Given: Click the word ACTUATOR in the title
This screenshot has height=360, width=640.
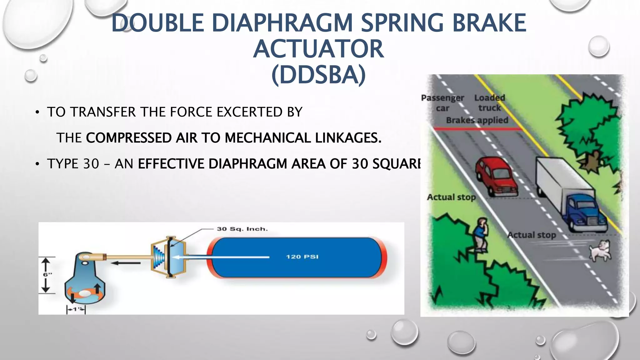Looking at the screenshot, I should pos(318,49).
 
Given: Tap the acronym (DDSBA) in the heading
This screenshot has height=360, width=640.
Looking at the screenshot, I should pos(318,75).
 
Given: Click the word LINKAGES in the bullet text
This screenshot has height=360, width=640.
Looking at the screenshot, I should pos(348,138).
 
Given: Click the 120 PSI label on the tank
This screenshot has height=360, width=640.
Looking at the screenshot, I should pos(302,257).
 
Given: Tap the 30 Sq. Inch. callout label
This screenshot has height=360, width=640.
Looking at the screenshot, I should pos(242,229).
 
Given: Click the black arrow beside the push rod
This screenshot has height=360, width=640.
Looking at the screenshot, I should pos(126,263).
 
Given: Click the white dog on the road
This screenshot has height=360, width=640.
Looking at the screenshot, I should pos(600,250).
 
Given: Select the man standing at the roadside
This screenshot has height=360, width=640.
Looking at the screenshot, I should pos(480,234).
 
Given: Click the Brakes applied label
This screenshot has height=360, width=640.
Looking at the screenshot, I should pos(477,120).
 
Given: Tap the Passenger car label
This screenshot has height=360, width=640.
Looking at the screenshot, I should pos(442,103).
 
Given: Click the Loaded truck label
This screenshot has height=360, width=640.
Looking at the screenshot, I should pos(489,102).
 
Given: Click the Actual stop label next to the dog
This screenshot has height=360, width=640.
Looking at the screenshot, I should pos(531,235).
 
